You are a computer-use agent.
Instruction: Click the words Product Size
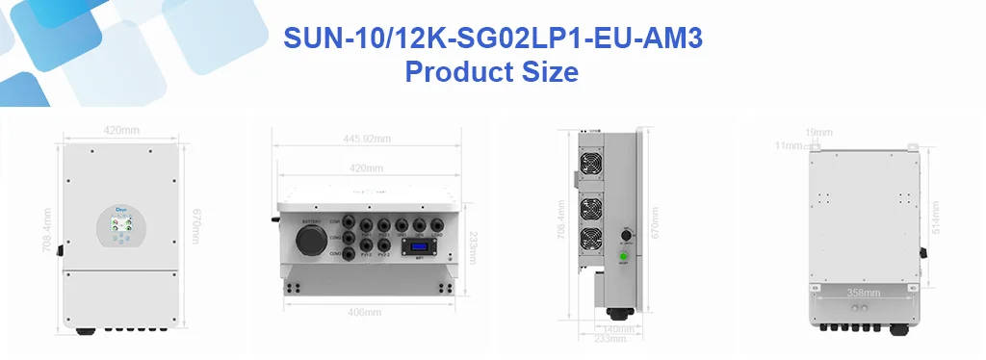[491, 72]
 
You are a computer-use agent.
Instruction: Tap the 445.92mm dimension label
[367, 139]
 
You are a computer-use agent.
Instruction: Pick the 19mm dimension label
[818, 131]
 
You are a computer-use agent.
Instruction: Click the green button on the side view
[623, 256]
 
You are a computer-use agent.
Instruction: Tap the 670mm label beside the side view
[655, 224]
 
